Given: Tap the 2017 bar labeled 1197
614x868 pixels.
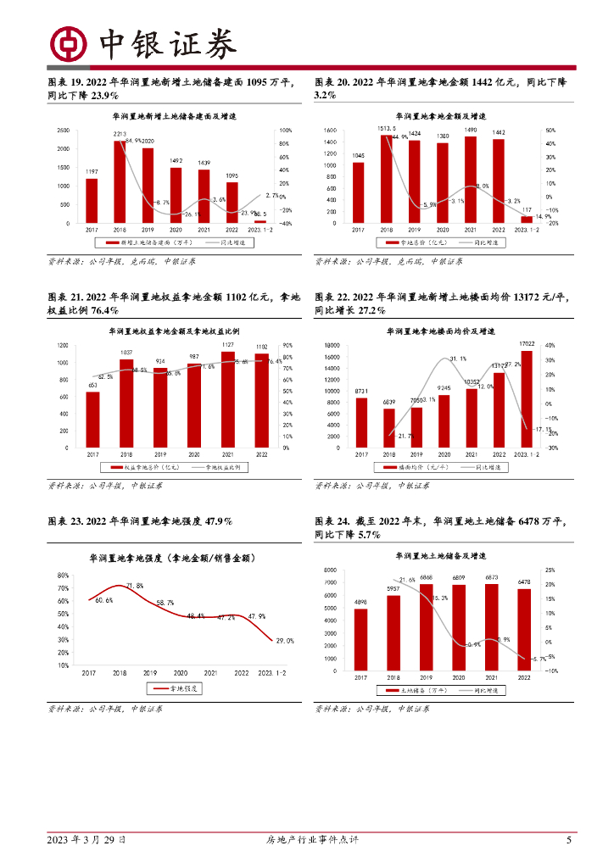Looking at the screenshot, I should [92, 200].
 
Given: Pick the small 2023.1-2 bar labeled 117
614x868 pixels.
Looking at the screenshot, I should [526, 220].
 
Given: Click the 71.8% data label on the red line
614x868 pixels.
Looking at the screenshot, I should [135, 586].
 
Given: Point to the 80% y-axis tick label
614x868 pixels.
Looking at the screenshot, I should [64, 576].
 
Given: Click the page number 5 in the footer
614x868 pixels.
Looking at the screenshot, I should [569, 840].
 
